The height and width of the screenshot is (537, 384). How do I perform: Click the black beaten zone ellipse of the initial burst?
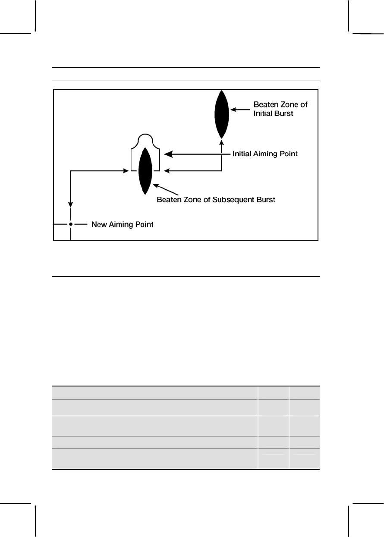coord(221,114)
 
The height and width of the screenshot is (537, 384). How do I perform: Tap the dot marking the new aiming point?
coord(70,224)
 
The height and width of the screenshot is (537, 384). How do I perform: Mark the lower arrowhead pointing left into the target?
coord(168,171)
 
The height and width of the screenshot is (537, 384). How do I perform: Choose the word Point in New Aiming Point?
coord(144,225)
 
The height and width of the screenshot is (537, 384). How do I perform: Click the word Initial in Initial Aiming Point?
coord(243,154)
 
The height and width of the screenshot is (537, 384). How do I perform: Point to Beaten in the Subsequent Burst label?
coord(168,200)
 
